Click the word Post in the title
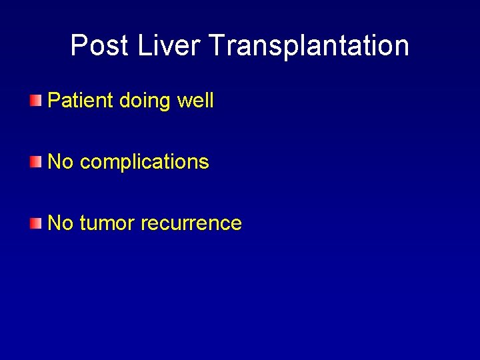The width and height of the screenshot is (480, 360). pyautogui.click(x=99, y=46)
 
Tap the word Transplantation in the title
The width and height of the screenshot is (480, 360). pyautogui.click(x=309, y=46)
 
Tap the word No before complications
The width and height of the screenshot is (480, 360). pyautogui.click(x=61, y=162)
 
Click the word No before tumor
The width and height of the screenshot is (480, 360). pyautogui.click(x=61, y=223)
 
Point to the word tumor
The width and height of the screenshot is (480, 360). pyautogui.click(x=107, y=223)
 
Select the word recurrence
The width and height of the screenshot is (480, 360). pyautogui.click(x=191, y=223)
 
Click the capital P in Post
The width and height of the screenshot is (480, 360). pyautogui.click(x=79, y=46)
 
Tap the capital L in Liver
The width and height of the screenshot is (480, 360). pyautogui.click(x=143, y=46)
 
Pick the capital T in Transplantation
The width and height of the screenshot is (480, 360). pyautogui.click(x=217, y=46)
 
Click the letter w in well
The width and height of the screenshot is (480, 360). pyautogui.click(x=183, y=101)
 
